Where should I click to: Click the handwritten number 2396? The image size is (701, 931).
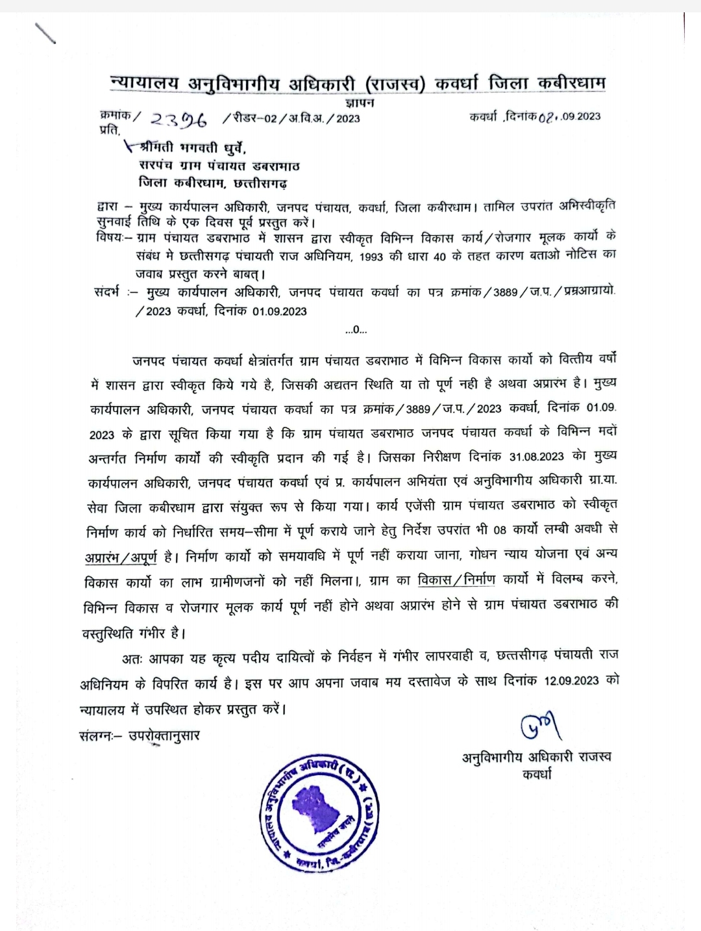pos(178,120)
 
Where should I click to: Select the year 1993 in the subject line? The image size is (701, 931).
pos(371,257)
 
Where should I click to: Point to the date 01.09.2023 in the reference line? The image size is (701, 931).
pos(280,311)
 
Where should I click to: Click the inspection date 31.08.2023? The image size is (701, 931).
pos(536,457)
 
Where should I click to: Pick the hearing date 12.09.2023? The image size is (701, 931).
pos(571,680)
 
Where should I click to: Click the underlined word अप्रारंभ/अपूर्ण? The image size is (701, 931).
pos(121,557)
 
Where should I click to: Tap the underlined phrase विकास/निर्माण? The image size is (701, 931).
pos(456,579)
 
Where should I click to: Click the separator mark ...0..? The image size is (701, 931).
pos(356,330)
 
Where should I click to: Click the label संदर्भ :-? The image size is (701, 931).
pos(115,292)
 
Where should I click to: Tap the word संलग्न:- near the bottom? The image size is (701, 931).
pos(99,736)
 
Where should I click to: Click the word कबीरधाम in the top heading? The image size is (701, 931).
pos(571,83)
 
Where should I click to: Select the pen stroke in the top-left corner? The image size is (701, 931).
pos(45,33)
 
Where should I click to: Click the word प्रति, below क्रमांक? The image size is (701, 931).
pos(109,130)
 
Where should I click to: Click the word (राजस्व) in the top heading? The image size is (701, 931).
pos(395,84)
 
